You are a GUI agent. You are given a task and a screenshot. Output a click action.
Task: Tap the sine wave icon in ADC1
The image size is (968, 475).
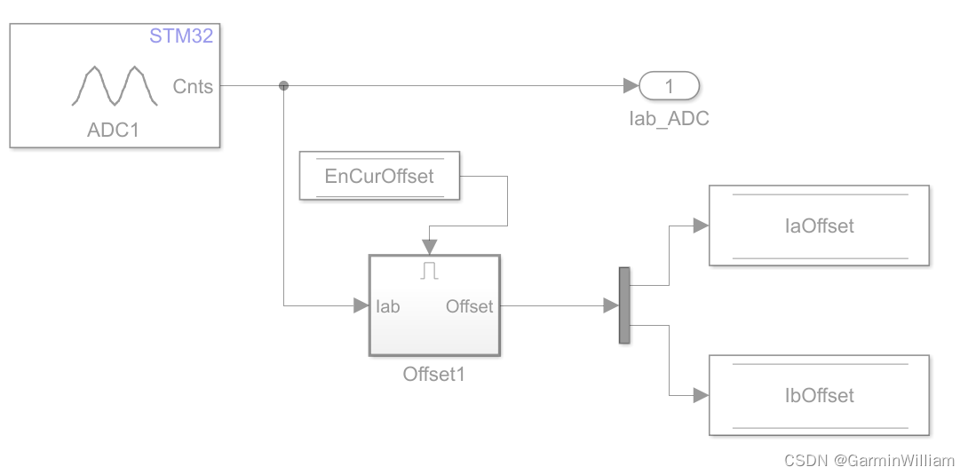(115, 87)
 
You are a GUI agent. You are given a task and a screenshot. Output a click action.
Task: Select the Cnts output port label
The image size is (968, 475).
(193, 86)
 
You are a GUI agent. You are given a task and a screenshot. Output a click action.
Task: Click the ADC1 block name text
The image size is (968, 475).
(114, 131)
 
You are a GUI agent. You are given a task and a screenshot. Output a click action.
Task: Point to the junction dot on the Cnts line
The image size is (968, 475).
(284, 86)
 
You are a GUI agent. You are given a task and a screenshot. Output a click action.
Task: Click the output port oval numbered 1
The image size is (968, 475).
(670, 86)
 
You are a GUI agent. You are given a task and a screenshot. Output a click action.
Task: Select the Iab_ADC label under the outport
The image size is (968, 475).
(669, 117)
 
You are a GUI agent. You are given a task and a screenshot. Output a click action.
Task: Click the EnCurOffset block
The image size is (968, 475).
(379, 176)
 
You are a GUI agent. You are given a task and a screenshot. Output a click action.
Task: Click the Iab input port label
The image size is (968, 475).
(388, 306)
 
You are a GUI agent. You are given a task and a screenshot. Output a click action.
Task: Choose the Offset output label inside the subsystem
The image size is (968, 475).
(469, 306)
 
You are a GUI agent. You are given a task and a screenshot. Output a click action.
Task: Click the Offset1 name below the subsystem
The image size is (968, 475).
(434, 374)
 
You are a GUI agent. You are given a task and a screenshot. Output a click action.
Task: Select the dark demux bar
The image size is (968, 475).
(624, 305)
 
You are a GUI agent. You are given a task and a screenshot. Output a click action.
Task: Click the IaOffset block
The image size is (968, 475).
(819, 226)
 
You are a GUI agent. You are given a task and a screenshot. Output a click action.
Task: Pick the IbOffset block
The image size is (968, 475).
(819, 395)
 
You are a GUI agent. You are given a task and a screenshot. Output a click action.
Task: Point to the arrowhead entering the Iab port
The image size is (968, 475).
(361, 306)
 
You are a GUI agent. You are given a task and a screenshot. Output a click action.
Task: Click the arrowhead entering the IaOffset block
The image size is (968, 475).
(701, 226)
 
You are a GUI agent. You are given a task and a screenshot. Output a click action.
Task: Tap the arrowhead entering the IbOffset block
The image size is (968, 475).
(701, 395)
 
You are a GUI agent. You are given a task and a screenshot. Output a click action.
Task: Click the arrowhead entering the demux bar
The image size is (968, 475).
(611, 306)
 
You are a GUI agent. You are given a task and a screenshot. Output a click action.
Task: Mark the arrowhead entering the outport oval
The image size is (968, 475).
(631, 86)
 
